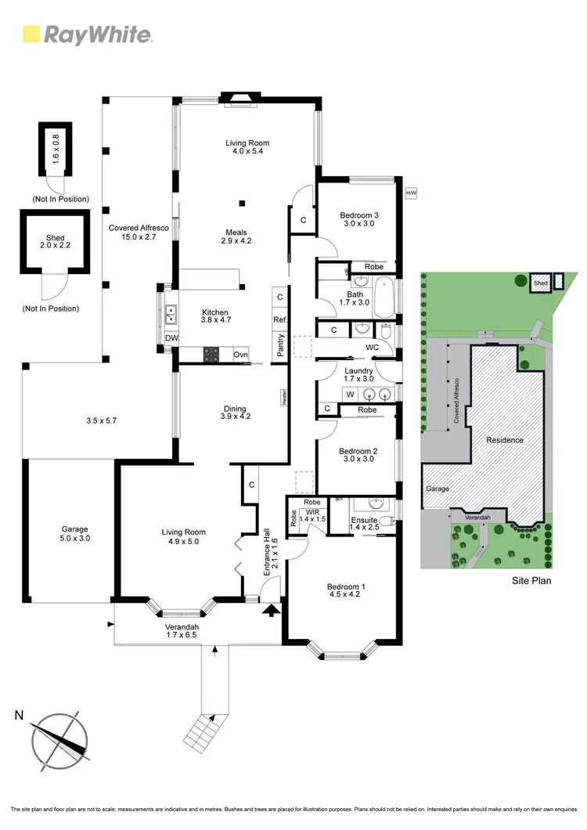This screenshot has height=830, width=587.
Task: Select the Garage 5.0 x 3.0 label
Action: (75, 534)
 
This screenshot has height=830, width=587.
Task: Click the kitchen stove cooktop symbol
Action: (212, 355)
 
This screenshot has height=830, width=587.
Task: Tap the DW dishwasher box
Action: (171, 338)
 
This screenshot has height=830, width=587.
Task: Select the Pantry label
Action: (279, 345)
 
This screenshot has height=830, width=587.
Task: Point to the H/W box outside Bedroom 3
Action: (410, 192)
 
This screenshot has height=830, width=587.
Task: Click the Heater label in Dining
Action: (285, 397)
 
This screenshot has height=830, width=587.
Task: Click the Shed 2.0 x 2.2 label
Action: (55, 243)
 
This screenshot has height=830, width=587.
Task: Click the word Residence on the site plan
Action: (504, 440)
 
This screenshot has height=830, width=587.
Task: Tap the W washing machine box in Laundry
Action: (350, 394)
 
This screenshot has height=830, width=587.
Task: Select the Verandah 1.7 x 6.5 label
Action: (185, 630)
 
